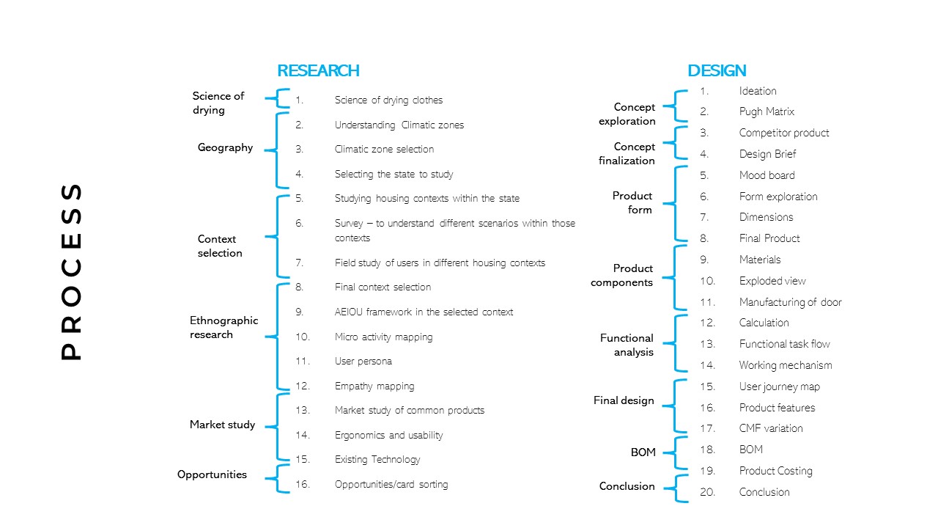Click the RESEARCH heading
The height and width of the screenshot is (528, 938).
(318, 71)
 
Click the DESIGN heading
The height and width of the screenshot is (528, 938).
(717, 71)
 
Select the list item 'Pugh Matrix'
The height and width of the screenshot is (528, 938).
(767, 112)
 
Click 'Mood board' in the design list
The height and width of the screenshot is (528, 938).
(767, 175)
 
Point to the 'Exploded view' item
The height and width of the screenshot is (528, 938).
(772, 281)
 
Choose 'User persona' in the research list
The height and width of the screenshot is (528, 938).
(363, 362)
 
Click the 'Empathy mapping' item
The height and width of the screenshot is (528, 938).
(374, 386)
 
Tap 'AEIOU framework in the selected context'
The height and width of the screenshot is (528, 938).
(424, 312)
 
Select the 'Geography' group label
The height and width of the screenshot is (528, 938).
(225, 148)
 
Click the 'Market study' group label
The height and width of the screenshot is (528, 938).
(222, 425)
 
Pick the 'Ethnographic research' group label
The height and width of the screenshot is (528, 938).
(224, 328)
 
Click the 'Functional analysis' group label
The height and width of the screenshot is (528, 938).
(627, 345)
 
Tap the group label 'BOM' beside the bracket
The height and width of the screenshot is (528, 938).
(643, 452)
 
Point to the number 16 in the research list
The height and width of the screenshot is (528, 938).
(303, 485)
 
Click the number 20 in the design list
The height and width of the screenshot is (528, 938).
(707, 492)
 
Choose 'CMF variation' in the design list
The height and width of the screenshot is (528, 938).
(771, 428)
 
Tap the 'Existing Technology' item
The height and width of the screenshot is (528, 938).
(377, 460)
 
